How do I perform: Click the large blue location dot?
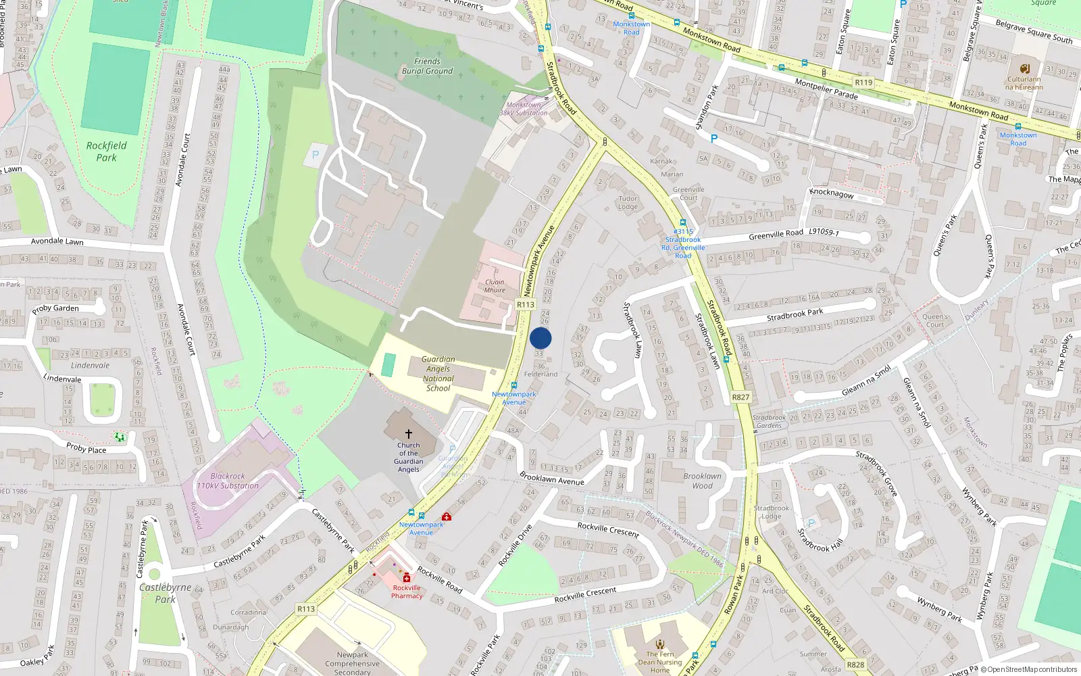pos(540,338)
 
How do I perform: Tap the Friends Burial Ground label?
pos(427,66)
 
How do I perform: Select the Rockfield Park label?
pos(106,151)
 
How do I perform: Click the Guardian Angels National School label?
pos(438,374)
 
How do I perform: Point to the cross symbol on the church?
pos(408,434)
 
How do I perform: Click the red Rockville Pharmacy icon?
pos(406,578)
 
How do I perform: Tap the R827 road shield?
pos(740,397)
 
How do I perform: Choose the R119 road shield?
pos(863,82)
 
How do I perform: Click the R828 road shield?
pos(855,665)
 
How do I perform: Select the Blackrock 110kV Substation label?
pos(228,481)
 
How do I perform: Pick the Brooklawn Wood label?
pos(702,481)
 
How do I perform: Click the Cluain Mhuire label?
pos(495,286)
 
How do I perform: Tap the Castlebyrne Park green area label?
pos(165,593)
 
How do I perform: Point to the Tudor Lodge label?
pos(628,203)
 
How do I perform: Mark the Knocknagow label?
pos(831,193)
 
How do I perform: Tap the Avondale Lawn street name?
pos(57,241)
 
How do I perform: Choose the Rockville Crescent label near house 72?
pos(608,529)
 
